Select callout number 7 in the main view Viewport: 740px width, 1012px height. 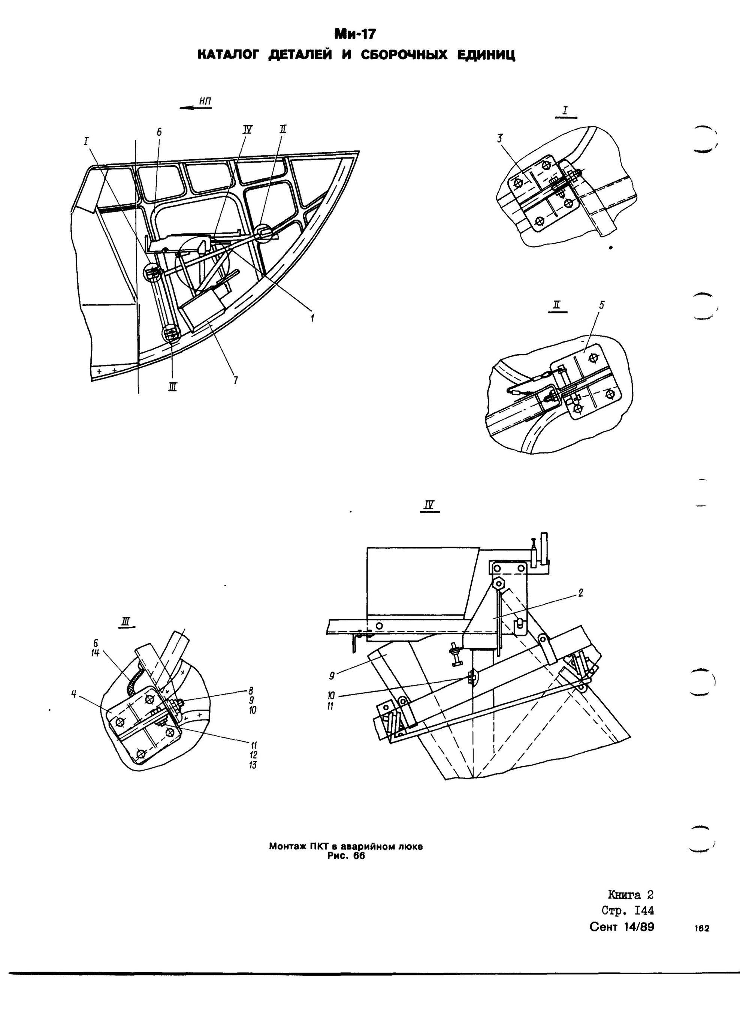pyautogui.click(x=235, y=381)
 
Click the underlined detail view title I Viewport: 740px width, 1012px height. pyautogui.click(x=566, y=112)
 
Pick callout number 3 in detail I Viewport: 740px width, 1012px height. pyautogui.click(x=500, y=139)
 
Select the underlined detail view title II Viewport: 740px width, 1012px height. pyautogui.click(x=557, y=307)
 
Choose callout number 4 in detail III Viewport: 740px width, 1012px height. pyautogui.click(x=73, y=694)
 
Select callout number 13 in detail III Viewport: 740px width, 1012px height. pyautogui.click(x=253, y=765)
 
